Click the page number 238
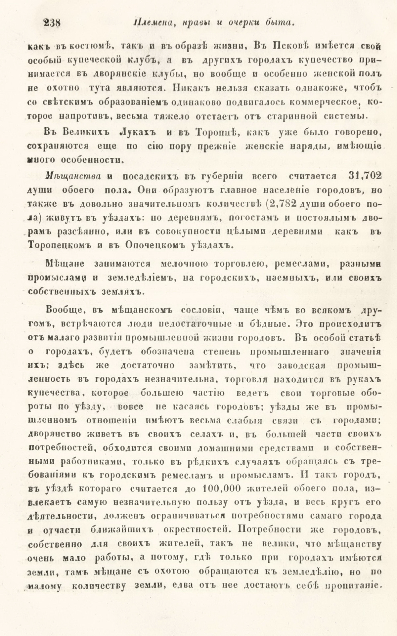point(51,23)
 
